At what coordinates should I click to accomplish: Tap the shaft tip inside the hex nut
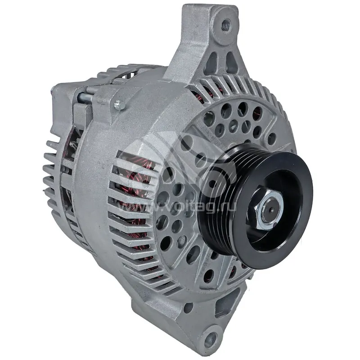[x=271, y=209]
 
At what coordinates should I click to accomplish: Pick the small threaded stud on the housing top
[x=120, y=105]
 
